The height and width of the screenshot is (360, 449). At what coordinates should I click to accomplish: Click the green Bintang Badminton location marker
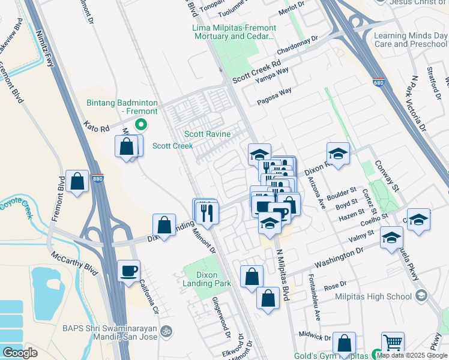tap(141, 125)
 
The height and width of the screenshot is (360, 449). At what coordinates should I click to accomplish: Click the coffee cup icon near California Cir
tap(128, 271)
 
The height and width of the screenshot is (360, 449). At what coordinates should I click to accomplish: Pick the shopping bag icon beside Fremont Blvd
tap(77, 182)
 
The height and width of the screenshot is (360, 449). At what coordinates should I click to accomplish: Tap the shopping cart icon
tap(393, 343)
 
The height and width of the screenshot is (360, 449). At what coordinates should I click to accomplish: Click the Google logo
tap(20, 353)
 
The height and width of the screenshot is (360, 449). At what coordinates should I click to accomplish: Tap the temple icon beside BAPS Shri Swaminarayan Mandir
tap(167, 330)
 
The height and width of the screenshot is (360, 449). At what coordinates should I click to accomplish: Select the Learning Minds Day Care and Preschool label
tap(411, 40)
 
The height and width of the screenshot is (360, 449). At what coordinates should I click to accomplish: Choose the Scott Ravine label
tap(207, 134)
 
